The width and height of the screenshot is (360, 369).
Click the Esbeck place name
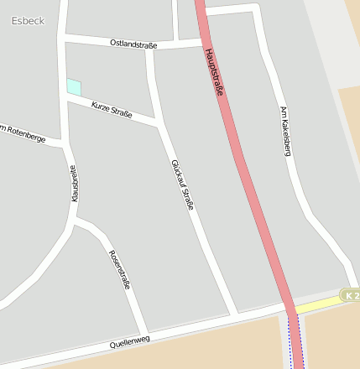(29, 20)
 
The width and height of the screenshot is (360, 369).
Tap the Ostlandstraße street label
(133, 43)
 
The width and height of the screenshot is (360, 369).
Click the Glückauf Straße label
(182, 184)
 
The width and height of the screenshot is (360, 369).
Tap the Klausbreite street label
(74, 183)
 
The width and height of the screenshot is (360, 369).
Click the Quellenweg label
(129, 341)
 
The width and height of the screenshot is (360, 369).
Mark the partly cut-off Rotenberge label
(22, 133)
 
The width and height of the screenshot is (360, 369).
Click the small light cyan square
(74, 86)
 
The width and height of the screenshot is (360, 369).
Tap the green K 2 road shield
(350, 295)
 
